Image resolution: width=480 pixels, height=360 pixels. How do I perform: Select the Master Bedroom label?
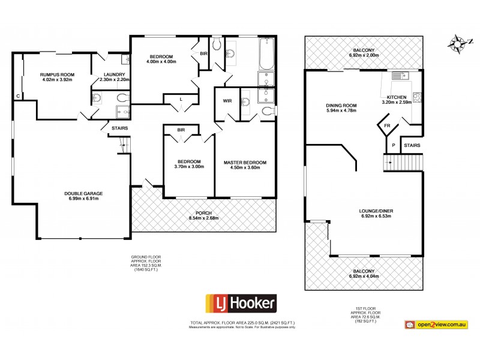[x=245, y=162]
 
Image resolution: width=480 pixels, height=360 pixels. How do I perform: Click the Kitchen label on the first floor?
[x=397, y=97]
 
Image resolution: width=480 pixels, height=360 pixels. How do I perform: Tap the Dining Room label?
[x=341, y=106]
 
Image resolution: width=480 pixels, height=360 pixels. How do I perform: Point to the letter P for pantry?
[x=392, y=145]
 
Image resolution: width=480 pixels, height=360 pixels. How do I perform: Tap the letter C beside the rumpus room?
[x=18, y=96]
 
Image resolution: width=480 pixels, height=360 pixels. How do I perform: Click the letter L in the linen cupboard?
[x=181, y=99]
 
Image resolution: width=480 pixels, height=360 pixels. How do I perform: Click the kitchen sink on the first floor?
[x=398, y=76]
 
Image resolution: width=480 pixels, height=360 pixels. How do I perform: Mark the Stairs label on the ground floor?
[x=119, y=127]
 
